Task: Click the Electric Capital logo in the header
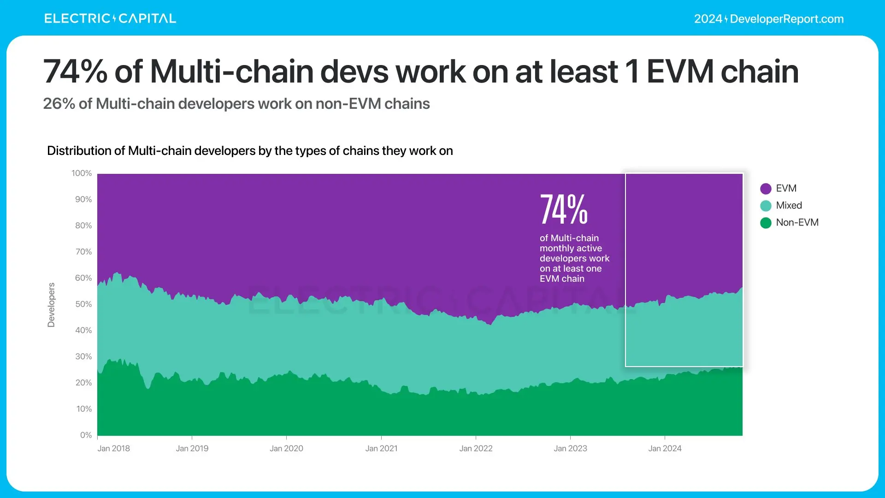[110, 18]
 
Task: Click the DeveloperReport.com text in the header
[786, 19]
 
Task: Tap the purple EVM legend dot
[766, 189]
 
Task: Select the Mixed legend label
[789, 206]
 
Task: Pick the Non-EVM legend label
[797, 223]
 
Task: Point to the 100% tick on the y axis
[82, 173]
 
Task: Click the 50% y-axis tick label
[83, 304]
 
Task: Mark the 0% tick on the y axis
[86, 435]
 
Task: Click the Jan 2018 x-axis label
[113, 449]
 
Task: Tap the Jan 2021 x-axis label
[381, 449]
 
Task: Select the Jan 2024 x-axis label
[665, 449]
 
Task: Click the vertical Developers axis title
[51, 305]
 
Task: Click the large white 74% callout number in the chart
[563, 210]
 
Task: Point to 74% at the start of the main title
[75, 72]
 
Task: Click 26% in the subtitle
[59, 104]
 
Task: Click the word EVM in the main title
[680, 72]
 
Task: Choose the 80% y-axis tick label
[83, 226]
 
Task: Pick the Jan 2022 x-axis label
[476, 449]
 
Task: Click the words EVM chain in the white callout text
[562, 279]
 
